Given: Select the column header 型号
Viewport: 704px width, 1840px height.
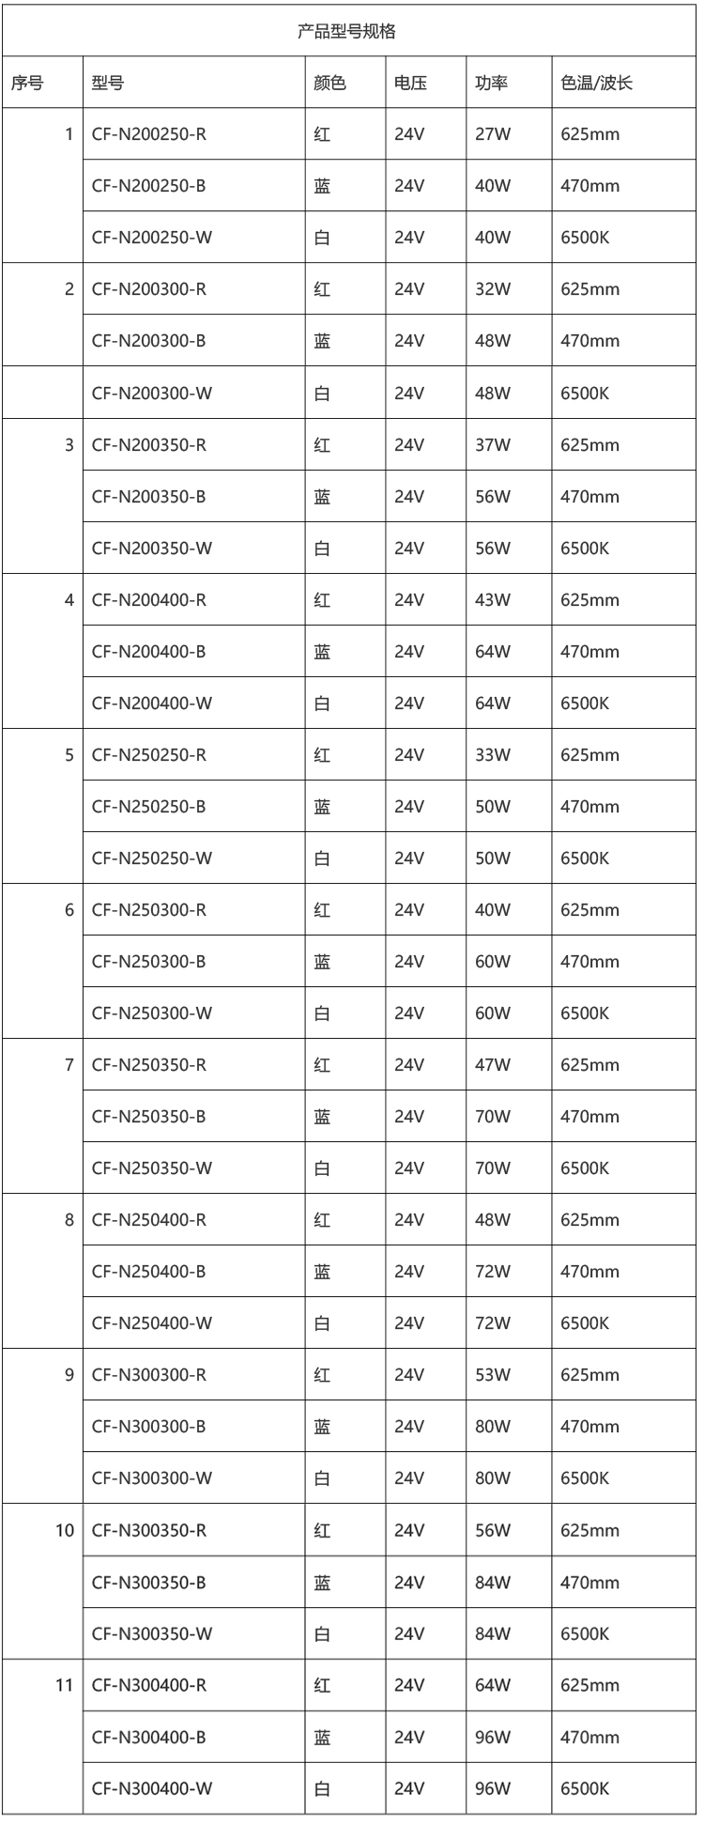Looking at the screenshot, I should pyautogui.click(x=108, y=83).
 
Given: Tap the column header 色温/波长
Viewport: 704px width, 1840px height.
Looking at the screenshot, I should pyautogui.click(x=596, y=83).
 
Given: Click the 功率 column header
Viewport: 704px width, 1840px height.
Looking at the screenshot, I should pyautogui.click(x=491, y=83).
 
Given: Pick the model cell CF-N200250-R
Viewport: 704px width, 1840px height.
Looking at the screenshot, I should pyautogui.click(x=149, y=134).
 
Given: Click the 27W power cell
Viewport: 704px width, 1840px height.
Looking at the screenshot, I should pyautogui.click(x=492, y=134).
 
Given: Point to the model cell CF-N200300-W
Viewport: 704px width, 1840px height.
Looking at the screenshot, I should pyautogui.click(x=152, y=393).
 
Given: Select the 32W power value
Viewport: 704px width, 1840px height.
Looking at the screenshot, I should pyautogui.click(x=492, y=289).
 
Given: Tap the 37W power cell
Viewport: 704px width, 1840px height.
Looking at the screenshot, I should pyautogui.click(x=492, y=444).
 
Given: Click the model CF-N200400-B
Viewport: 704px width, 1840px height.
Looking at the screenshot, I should pyautogui.click(x=149, y=651).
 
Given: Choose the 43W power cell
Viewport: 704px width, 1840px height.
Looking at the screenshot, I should pyautogui.click(x=492, y=599).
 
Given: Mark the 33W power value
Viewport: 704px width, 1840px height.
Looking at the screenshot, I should pyautogui.click(x=492, y=754).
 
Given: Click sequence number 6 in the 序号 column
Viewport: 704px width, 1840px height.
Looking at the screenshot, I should pyautogui.click(x=69, y=909).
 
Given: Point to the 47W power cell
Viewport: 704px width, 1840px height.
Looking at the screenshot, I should pyautogui.click(x=492, y=1064).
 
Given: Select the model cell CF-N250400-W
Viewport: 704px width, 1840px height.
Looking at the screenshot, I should pyautogui.click(x=152, y=1322).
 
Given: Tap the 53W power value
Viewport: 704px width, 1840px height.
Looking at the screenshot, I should pyautogui.click(x=492, y=1374).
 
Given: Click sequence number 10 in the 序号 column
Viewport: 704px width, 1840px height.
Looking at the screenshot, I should pyautogui.click(x=64, y=1530).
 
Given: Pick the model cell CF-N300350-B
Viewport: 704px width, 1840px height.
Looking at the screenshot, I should pyautogui.click(x=149, y=1582).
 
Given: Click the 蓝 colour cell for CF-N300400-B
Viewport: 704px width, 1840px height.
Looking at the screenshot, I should pyautogui.click(x=322, y=1737).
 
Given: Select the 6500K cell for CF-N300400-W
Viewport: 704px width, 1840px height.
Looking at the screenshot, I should pyautogui.click(x=585, y=1788).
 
